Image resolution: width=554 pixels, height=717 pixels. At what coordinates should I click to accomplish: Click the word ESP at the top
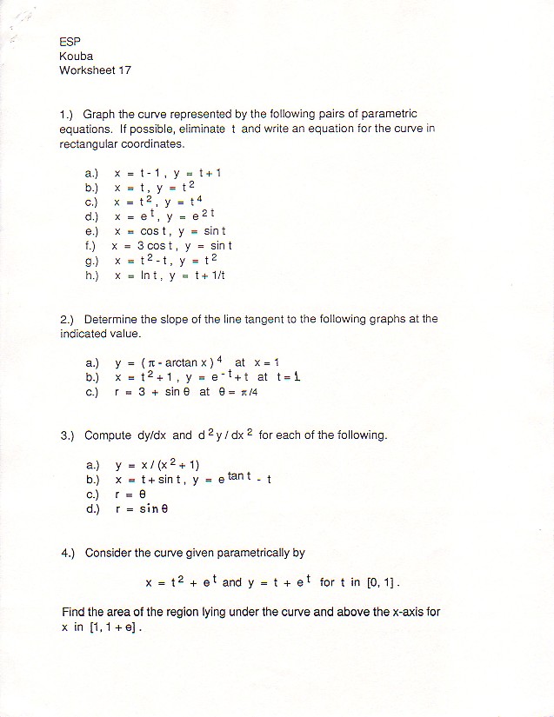pos(70,42)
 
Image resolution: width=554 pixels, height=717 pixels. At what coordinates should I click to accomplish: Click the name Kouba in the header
pos(76,56)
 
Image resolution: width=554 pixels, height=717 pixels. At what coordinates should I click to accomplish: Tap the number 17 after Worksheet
pos(124,70)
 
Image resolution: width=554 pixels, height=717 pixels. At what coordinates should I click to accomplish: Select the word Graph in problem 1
pos(99,114)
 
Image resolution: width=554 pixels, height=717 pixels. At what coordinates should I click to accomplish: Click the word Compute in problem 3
pos(109,435)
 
